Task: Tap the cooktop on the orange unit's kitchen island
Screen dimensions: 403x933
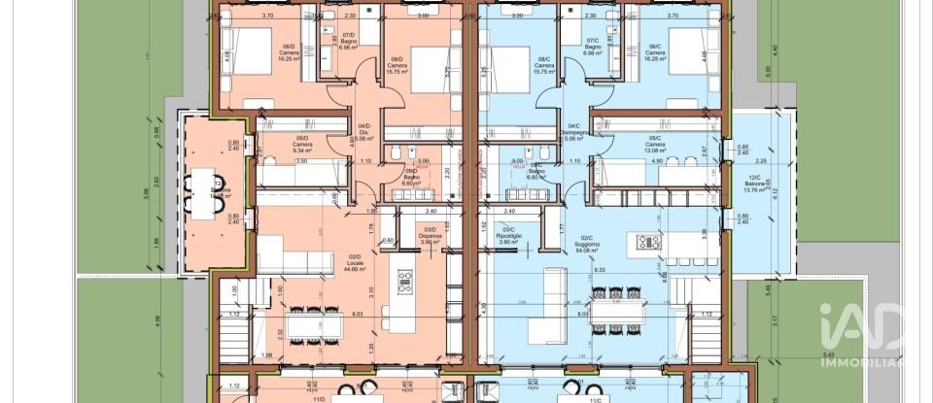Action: pyautogui.click(x=404, y=282)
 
